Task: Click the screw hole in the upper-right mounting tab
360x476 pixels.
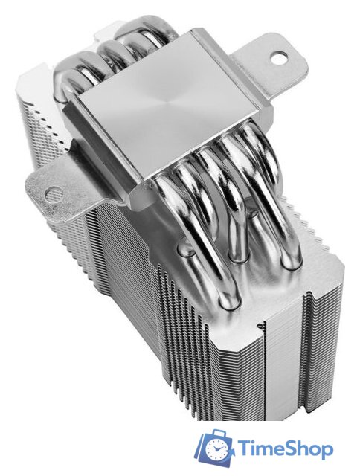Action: click(279, 58)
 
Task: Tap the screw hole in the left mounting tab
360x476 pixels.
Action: click(53, 193)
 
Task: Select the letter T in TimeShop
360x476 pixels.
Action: click(244, 450)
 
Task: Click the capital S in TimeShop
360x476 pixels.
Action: click(292, 450)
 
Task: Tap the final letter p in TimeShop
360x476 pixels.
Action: click(326, 453)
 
